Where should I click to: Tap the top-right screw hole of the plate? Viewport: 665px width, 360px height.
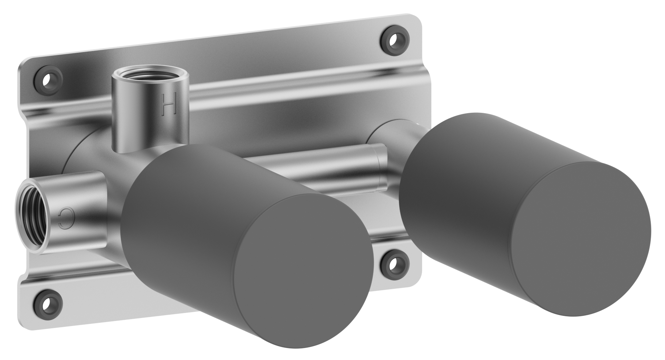click(394, 37)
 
